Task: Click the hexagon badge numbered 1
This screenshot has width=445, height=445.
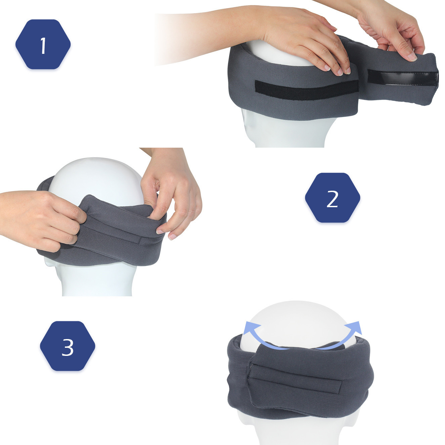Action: pos(43,44)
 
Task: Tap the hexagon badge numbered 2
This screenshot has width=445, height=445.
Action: pos(333,198)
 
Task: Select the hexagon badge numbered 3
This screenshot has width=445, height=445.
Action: pos(67,346)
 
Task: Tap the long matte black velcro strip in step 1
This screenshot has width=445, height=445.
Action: pos(307,90)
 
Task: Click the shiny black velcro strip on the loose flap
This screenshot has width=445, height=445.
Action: pos(403,78)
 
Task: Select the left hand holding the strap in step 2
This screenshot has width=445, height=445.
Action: pos(42,219)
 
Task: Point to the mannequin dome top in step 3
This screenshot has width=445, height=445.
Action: pos(299,323)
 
